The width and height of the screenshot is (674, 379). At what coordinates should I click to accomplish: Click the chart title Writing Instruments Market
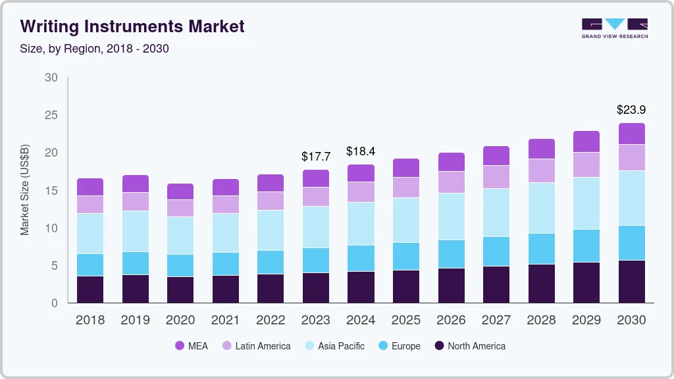(x=132, y=26)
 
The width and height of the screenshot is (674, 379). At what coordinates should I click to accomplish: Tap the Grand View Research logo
(x=614, y=28)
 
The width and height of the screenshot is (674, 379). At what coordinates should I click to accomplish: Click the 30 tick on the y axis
(x=51, y=78)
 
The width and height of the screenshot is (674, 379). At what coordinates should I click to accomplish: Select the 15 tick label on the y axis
(x=51, y=191)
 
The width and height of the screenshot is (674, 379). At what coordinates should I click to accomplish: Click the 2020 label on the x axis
(x=180, y=320)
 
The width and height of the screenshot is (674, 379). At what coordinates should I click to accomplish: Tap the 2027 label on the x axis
(x=496, y=320)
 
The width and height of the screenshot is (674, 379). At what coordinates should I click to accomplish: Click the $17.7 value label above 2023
(x=315, y=157)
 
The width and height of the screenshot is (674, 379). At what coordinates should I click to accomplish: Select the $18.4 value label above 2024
(x=361, y=151)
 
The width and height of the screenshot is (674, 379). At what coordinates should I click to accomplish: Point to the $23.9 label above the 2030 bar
(x=631, y=110)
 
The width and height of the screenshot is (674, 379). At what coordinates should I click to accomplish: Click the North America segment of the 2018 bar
(x=90, y=290)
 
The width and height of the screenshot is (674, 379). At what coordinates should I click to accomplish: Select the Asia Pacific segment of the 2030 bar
(x=632, y=198)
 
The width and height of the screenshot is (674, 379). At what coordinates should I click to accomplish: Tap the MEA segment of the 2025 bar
(x=406, y=168)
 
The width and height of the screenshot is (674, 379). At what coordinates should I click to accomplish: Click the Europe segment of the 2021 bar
(x=226, y=264)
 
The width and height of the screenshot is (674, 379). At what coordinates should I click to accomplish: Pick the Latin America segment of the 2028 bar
(x=542, y=170)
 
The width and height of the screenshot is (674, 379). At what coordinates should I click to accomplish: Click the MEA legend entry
(x=192, y=346)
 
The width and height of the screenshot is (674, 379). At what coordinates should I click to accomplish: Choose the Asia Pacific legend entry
(x=334, y=346)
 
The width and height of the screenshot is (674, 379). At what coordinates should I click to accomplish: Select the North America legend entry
(x=470, y=346)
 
